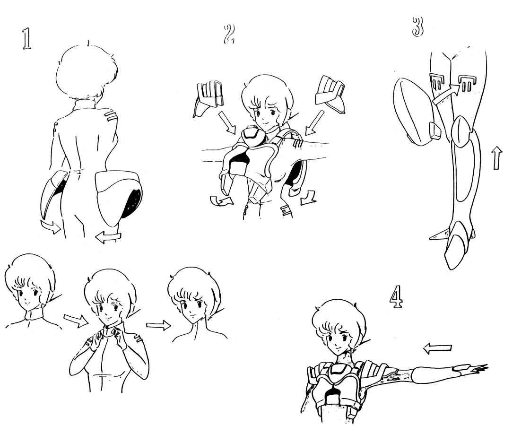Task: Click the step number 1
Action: point(26,39)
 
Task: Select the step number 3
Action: point(418,26)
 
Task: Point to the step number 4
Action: point(397,296)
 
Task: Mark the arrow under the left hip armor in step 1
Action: point(51,227)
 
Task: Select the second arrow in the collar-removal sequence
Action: point(159,325)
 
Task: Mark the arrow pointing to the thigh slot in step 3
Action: point(446,93)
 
